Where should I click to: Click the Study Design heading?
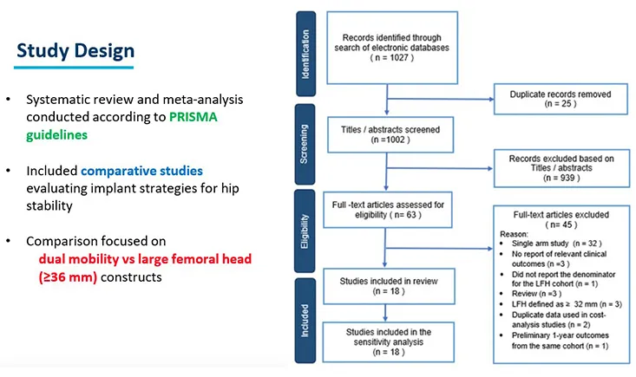pyautogui.click(x=75, y=53)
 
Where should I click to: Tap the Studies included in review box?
pyautogui.click(x=386, y=285)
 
